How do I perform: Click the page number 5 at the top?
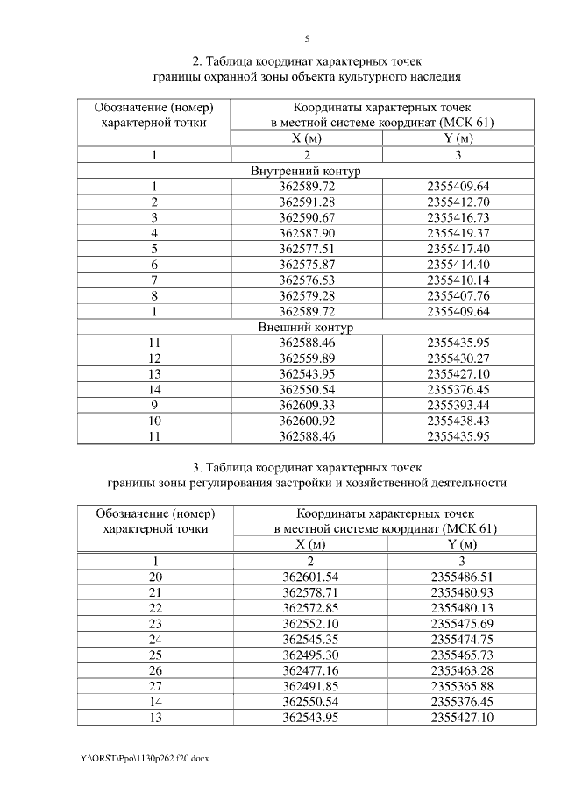coord(307,39)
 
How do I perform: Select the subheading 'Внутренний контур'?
coord(306,171)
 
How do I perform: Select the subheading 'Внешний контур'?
coord(306,328)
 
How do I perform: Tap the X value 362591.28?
coord(307,202)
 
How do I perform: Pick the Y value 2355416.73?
coord(458,217)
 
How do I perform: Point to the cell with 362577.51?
coord(307,249)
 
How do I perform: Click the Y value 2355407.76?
coord(458,295)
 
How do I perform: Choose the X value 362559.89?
coord(307,358)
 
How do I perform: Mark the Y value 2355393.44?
coord(458,406)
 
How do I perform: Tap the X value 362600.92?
coord(307,421)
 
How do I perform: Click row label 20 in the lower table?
coord(155,577)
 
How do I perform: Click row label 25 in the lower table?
coord(155,655)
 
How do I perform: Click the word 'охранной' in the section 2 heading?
coord(226,76)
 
